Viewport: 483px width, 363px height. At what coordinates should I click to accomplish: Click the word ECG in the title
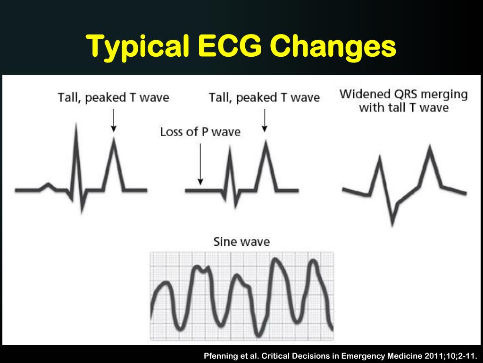(x=226, y=46)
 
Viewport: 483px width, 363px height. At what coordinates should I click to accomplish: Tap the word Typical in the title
(x=137, y=47)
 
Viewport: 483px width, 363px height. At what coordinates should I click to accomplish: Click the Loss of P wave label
(x=200, y=131)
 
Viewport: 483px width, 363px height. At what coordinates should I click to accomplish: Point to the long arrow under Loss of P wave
(x=200, y=163)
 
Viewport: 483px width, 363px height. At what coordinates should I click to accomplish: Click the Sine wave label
(x=241, y=242)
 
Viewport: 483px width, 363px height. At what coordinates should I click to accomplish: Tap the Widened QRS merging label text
(x=403, y=94)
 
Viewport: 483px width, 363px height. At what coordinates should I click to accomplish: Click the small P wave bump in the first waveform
(x=47, y=184)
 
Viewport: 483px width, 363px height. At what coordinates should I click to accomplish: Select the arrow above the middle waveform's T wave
(x=265, y=120)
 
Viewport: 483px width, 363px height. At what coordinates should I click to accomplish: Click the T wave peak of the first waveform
(x=113, y=139)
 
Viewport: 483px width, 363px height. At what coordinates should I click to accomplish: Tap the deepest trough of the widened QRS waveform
(x=392, y=222)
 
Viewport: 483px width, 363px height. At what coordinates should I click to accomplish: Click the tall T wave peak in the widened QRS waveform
(x=429, y=148)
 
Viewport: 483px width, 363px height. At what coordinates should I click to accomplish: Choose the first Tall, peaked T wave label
(x=113, y=98)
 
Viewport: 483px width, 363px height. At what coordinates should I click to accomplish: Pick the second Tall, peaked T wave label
(x=264, y=98)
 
